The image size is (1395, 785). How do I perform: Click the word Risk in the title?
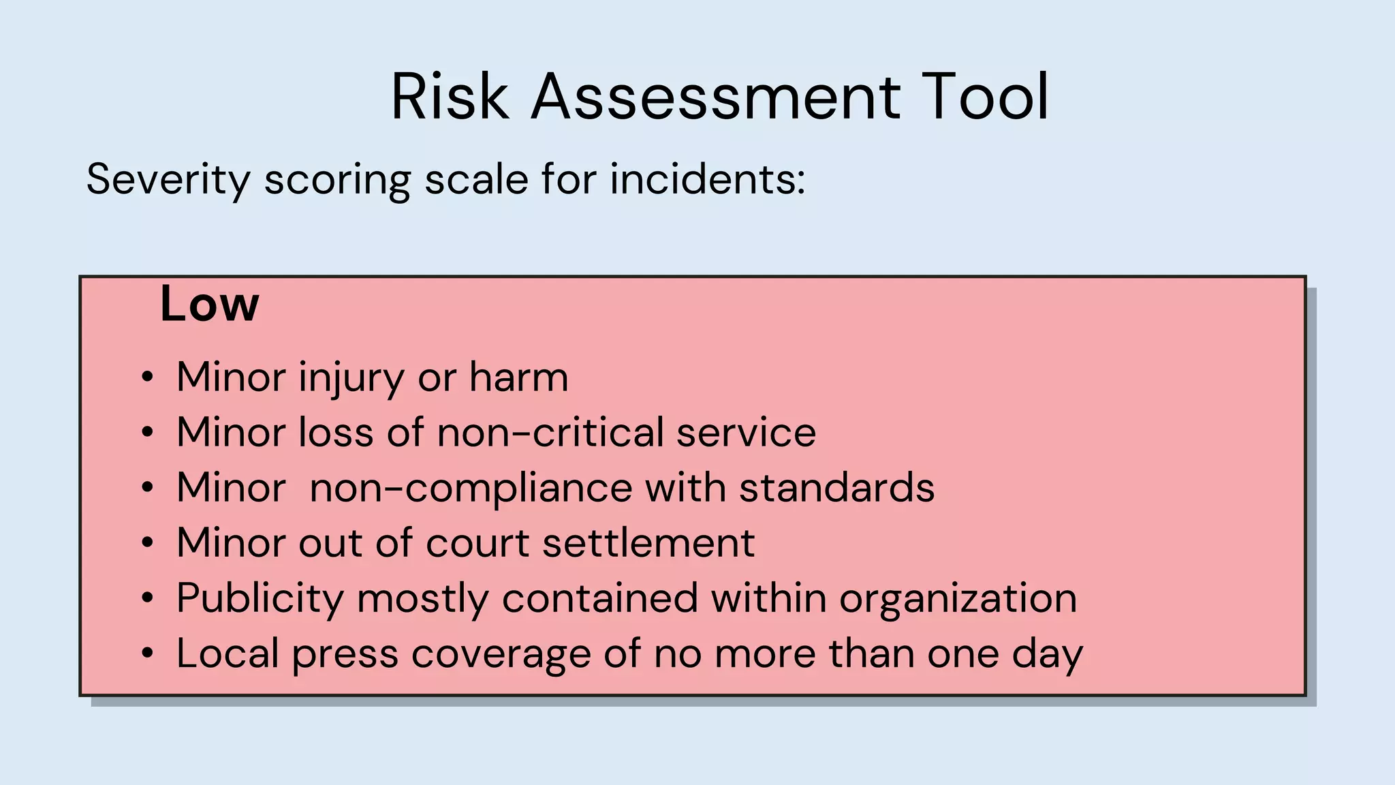[450, 97]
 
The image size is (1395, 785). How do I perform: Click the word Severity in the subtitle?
[168, 180]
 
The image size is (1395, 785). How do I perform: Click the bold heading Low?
[209, 304]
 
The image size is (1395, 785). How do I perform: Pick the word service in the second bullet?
[746, 432]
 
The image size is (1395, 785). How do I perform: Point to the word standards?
[837, 488]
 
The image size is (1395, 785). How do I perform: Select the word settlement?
[648, 543]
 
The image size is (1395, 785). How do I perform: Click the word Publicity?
[260, 599]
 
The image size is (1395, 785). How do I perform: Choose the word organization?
[958, 599]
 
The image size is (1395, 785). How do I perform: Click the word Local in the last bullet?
[228, 653]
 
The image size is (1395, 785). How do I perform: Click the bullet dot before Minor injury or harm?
[147, 378]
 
